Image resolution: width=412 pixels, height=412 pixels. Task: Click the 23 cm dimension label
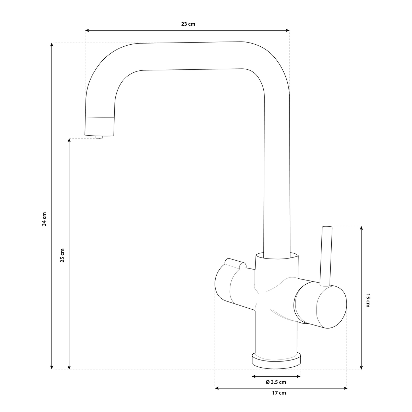coord(188,24)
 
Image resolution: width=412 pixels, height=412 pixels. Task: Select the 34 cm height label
coord(44,219)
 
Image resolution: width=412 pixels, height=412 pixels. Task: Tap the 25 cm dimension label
coord(62,255)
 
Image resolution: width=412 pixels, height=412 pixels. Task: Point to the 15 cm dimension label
coord(368,300)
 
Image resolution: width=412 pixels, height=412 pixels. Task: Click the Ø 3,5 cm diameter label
coord(276,382)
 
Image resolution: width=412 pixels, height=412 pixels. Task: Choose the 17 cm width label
coord(279,393)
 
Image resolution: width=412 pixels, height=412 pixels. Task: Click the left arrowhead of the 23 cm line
coord(87,31)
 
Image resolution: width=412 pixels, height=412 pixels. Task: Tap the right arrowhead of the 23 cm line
coord(288,31)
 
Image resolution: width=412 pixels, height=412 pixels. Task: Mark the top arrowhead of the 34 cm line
coord(51,45)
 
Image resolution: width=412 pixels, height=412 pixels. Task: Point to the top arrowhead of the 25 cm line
coord(69,140)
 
